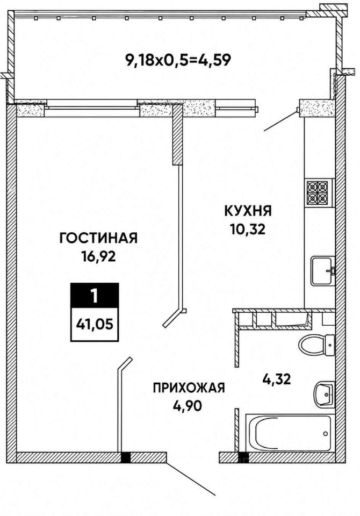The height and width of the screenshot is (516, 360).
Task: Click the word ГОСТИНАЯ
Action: (x=98, y=238)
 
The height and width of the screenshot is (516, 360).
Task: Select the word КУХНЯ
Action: (x=248, y=211)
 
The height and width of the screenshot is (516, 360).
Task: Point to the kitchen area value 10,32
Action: (x=248, y=230)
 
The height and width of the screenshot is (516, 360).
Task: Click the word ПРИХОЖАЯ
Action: (x=189, y=388)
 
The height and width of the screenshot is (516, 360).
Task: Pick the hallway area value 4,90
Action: (x=187, y=406)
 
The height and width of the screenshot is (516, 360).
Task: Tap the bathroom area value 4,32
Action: (x=276, y=380)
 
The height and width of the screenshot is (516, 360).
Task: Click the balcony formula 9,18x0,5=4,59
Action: (x=178, y=60)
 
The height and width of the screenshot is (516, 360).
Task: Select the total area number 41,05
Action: (x=95, y=325)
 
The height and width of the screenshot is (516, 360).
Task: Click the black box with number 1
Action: (x=95, y=296)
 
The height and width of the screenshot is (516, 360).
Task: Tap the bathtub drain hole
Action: (x=326, y=433)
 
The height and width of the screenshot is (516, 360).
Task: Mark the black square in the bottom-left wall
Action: (x=126, y=457)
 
